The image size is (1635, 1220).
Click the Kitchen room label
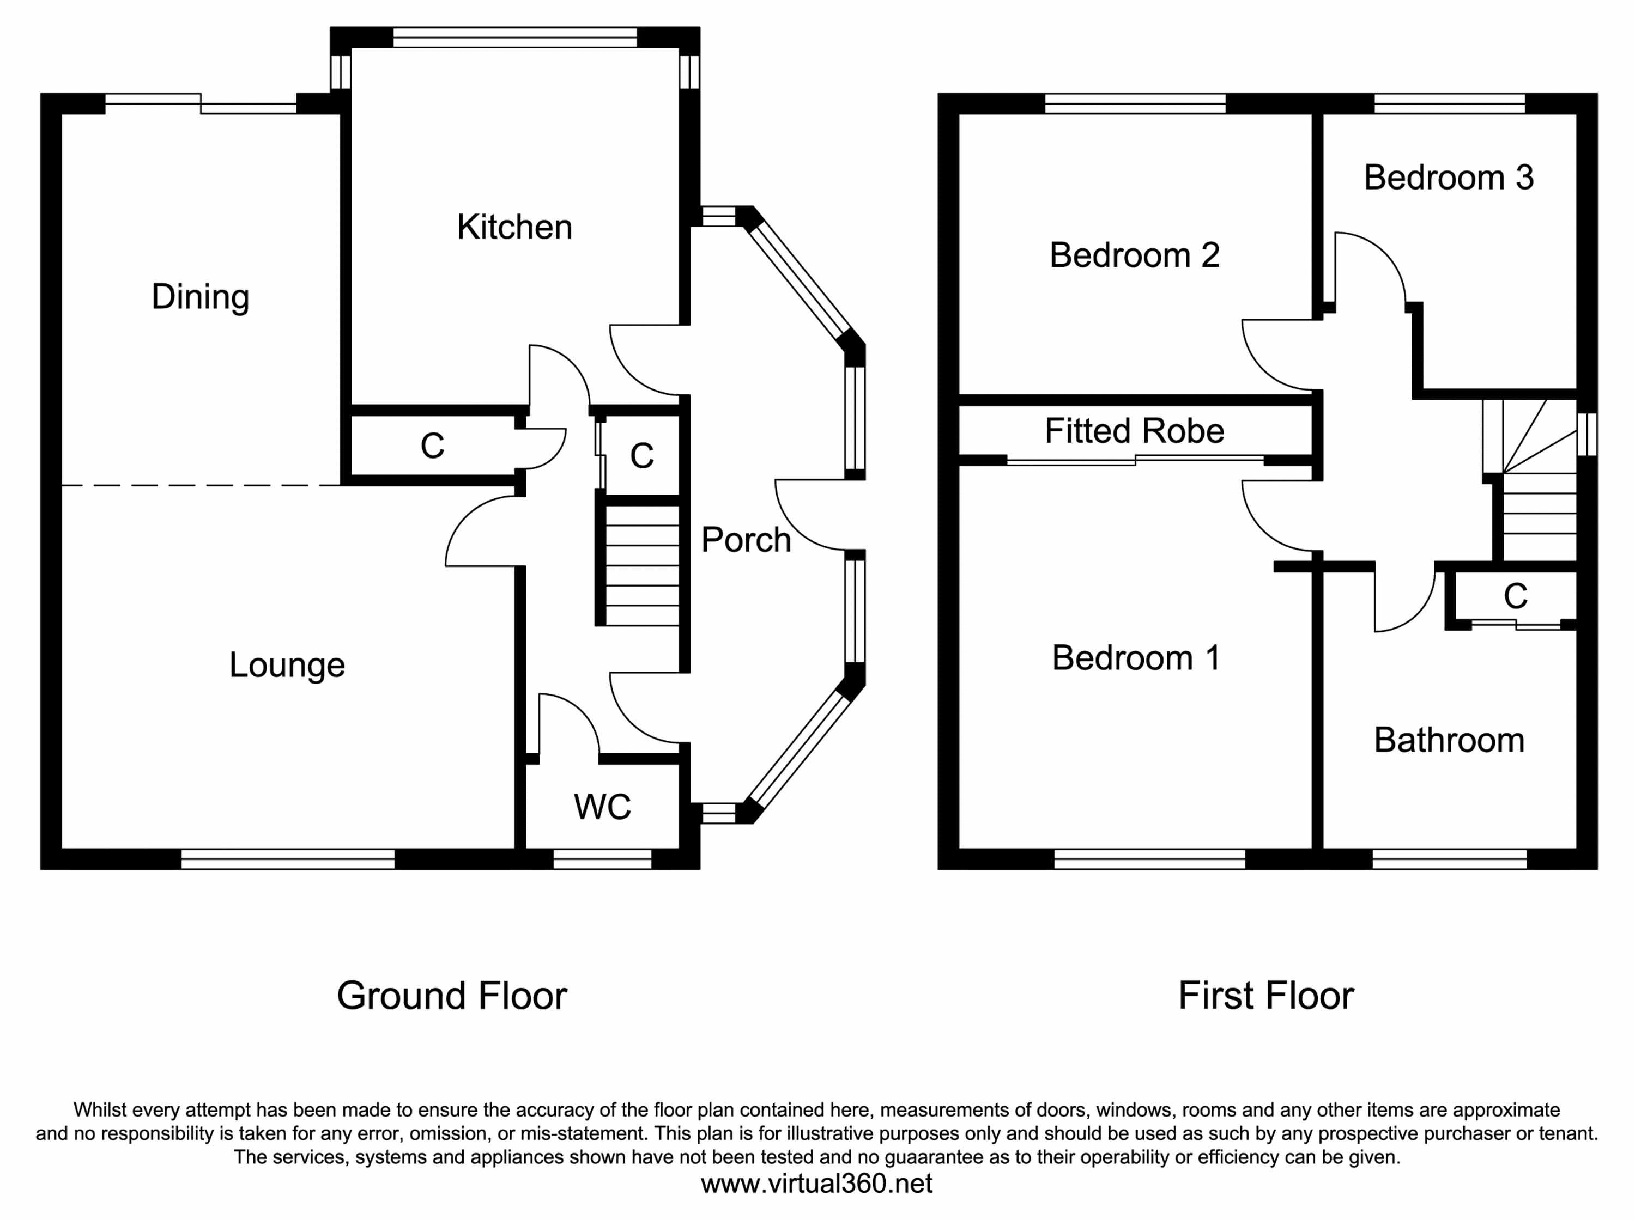click(514, 227)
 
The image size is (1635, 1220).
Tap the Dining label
click(200, 297)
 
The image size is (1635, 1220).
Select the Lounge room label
click(287, 664)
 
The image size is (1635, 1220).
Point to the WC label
click(602, 807)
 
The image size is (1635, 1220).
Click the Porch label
click(746, 540)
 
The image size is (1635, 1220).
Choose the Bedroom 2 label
click(1134, 255)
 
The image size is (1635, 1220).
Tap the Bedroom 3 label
click(1448, 178)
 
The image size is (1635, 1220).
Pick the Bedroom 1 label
click(1136, 658)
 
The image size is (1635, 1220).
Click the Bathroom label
click(1449, 740)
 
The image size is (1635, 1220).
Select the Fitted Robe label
click(1134, 431)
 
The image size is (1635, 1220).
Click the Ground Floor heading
click(451, 996)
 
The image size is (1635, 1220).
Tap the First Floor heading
click(1265, 996)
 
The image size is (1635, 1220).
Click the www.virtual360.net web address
click(816, 1184)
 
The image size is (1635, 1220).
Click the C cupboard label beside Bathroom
click(1515, 596)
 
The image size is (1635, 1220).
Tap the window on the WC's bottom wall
click(602, 858)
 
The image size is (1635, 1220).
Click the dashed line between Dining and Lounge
click(200, 485)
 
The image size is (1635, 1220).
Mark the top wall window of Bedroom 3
click(1449, 103)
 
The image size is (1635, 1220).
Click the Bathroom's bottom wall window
click(1449, 858)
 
